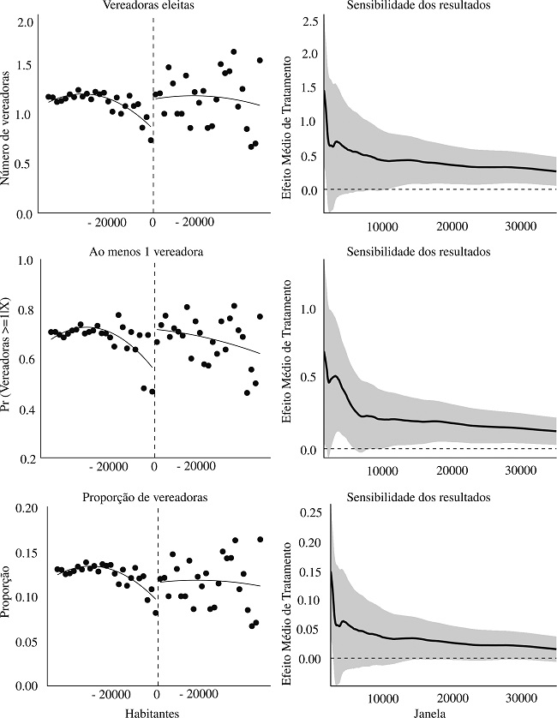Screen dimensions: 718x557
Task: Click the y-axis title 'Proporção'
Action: click(8, 596)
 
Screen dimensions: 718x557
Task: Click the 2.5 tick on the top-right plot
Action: click(309, 21)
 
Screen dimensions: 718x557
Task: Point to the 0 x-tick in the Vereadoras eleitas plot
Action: click(153, 223)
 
